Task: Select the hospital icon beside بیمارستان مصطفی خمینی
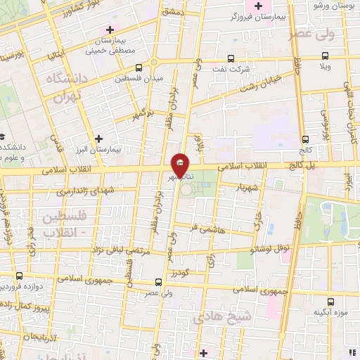[109, 30]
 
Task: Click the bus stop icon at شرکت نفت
[229, 60]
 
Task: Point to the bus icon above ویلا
[325, 56]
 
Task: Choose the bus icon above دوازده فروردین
[20, 276]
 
